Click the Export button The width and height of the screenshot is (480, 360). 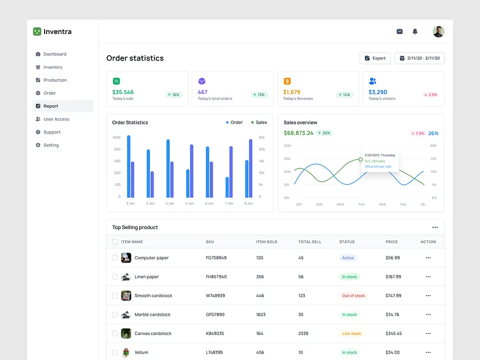(x=375, y=58)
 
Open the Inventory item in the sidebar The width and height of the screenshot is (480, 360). (x=53, y=67)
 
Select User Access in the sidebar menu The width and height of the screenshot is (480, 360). (x=56, y=119)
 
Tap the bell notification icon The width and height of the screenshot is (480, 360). (x=415, y=32)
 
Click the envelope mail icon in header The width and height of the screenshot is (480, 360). (x=399, y=32)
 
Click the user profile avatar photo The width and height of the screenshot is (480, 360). (x=438, y=32)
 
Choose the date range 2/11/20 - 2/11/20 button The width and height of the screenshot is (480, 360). (x=420, y=58)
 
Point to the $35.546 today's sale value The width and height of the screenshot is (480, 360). (x=123, y=92)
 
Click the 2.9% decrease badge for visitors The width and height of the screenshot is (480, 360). (x=431, y=95)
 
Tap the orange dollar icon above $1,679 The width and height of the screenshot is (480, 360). (x=287, y=81)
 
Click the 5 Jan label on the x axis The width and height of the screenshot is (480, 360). (x=190, y=204)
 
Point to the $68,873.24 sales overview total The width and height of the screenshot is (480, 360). (x=298, y=133)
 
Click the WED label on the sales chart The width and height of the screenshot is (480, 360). (x=382, y=204)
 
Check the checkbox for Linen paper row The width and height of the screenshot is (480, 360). (x=115, y=277)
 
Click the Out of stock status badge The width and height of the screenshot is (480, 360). (x=353, y=296)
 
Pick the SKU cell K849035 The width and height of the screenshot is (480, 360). (x=215, y=334)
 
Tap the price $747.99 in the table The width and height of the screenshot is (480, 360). (x=393, y=296)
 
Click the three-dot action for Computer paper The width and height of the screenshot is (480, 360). (x=428, y=258)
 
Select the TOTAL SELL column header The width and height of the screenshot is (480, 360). (x=310, y=242)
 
